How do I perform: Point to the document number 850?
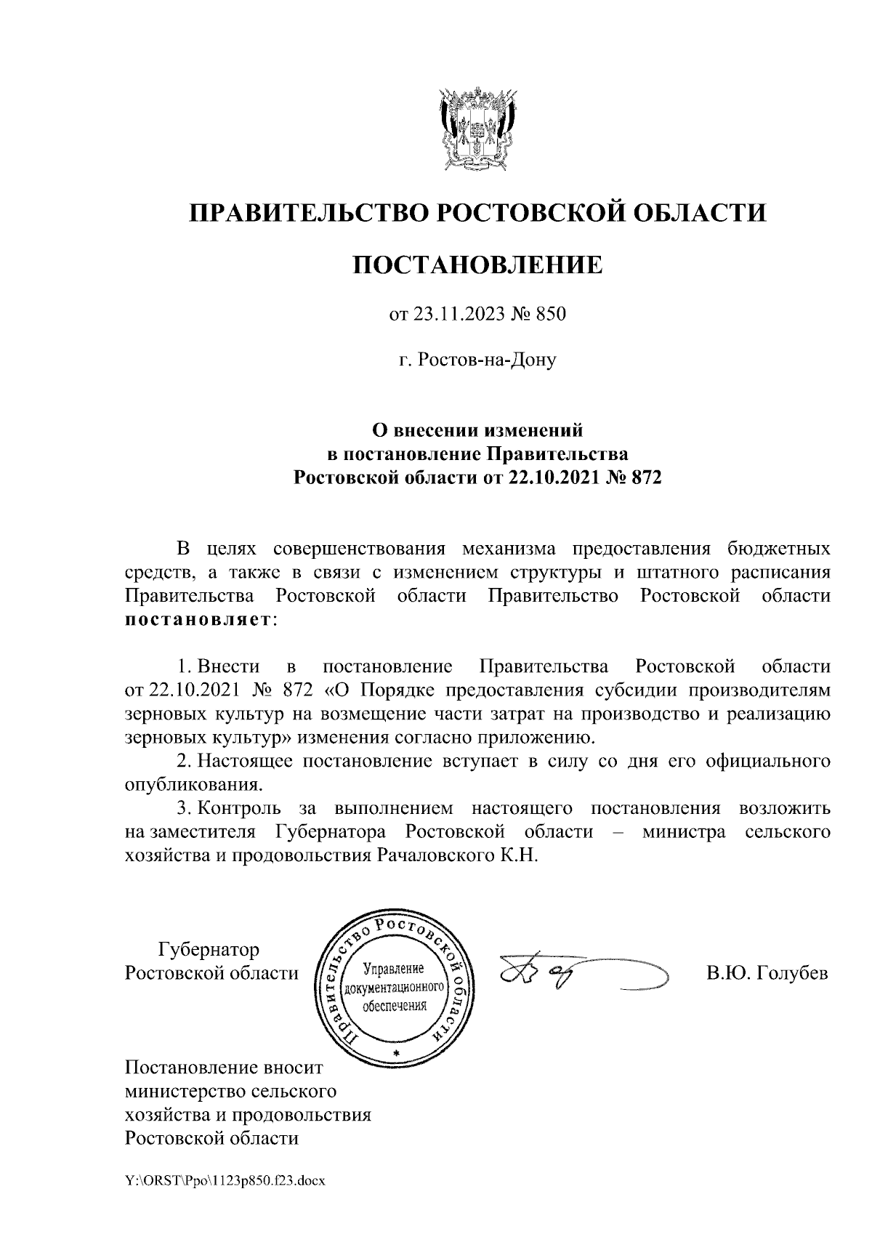[x=550, y=315]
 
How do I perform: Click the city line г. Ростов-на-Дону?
[x=477, y=359]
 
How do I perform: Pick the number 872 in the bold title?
[x=647, y=477]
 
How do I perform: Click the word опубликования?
[x=193, y=785]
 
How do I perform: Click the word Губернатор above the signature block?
[x=209, y=949]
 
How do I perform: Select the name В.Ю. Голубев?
[x=767, y=973]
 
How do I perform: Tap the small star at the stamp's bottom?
[x=395, y=1052]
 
